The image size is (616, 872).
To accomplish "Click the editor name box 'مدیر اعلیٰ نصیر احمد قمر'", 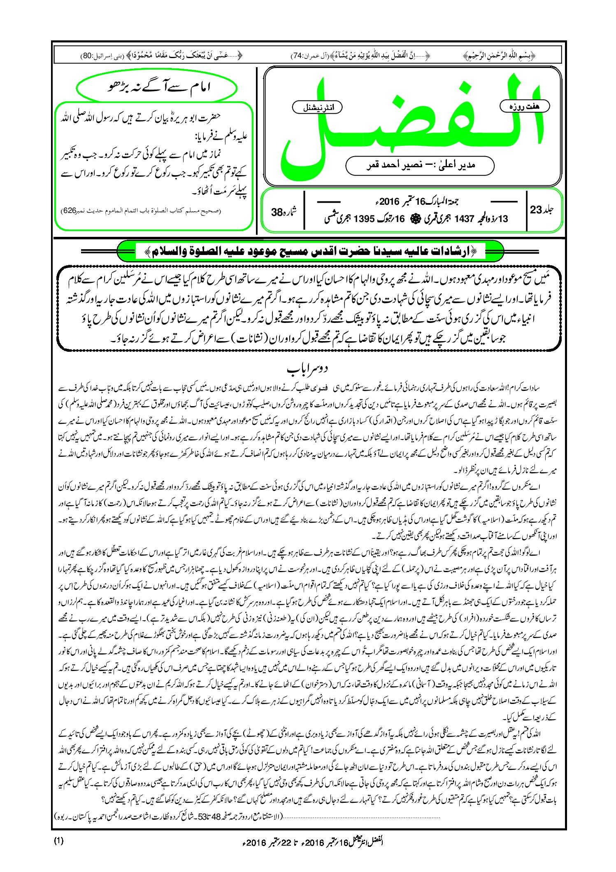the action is [420, 166].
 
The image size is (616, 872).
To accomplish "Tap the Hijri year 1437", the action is [464, 219].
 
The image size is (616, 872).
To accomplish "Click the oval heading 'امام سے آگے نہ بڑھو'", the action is [157, 88].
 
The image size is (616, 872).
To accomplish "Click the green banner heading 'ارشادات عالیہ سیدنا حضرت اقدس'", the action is [311, 251].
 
